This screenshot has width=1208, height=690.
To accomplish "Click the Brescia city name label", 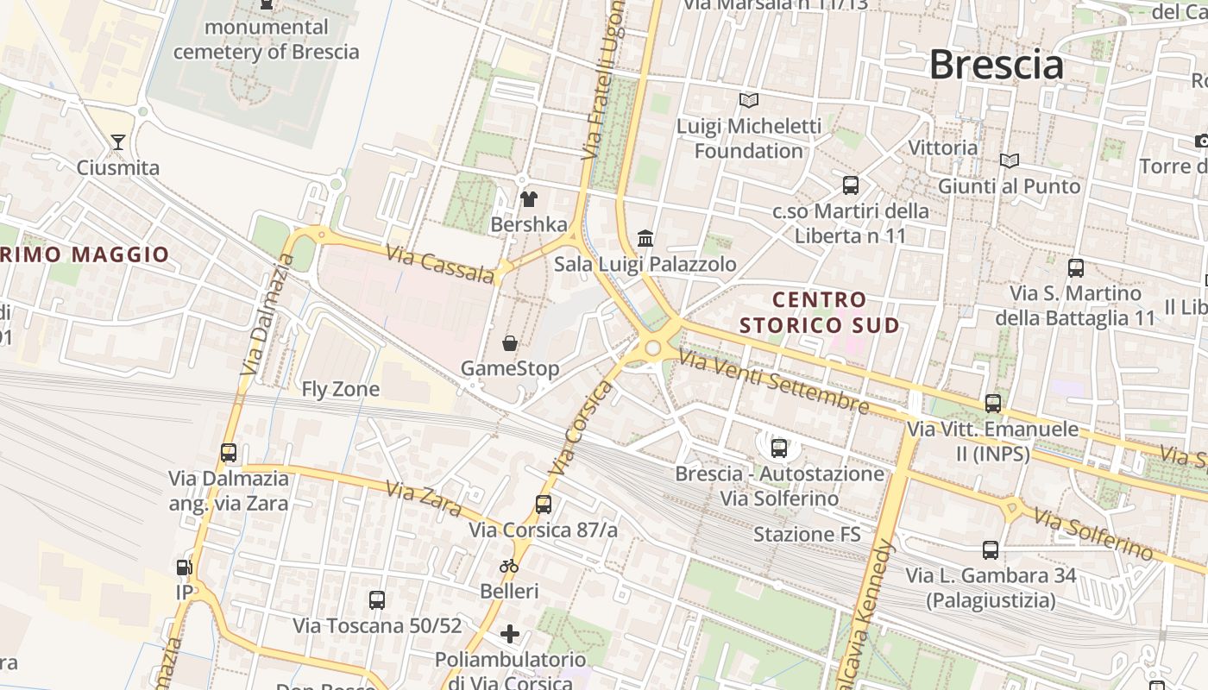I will coord(996,66).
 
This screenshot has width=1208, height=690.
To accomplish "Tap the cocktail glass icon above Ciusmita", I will coord(118,142).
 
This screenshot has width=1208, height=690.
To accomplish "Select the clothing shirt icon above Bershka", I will coord(529,199).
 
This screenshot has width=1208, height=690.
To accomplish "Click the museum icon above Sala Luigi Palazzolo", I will coord(645,238).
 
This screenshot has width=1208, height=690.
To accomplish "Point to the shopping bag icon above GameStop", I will coord(510,343).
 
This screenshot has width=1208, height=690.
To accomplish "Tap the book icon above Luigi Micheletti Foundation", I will coord(748,101).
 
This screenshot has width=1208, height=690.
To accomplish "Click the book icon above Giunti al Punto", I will coord(1009,160).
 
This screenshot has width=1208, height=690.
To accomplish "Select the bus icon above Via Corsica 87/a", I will coord(543,505).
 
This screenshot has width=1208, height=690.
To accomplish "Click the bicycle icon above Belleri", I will coord(509,566).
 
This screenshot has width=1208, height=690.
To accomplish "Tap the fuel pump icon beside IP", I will coord(184,568).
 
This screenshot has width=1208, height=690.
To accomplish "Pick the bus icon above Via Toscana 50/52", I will coord(377,600).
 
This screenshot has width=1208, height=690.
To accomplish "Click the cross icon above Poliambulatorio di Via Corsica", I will coord(510,635).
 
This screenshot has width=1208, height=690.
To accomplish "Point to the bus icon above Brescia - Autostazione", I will coord(779,448).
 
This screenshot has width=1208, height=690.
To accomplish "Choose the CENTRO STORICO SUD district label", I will coord(820,312).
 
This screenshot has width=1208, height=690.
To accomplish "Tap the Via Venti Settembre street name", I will coord(773,380).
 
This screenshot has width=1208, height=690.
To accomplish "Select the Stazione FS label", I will coord(807,534).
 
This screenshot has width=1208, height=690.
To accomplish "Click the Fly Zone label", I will coord(340,389).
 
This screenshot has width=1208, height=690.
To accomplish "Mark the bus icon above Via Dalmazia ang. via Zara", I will coord(229,453).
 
